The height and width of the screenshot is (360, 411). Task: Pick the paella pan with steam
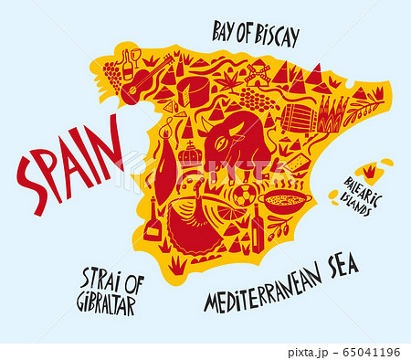click(x=285, y=198)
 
